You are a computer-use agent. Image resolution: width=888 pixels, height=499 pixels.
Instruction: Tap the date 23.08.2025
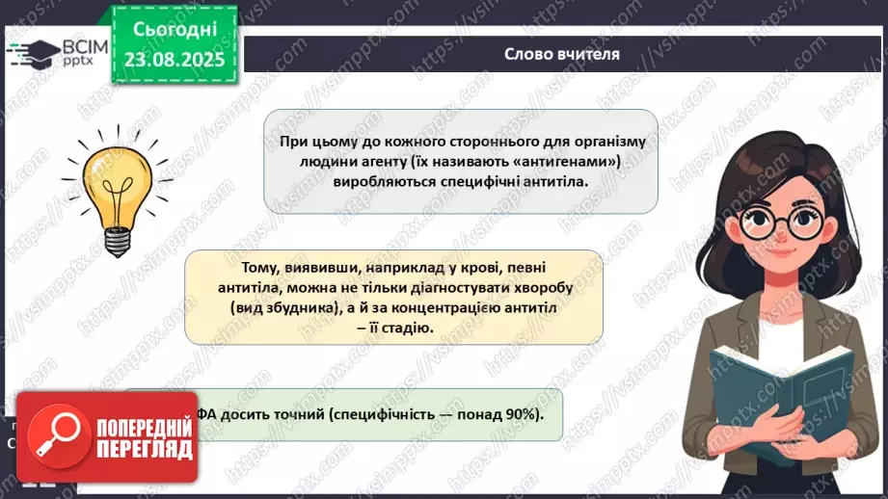click(x=173, y=58)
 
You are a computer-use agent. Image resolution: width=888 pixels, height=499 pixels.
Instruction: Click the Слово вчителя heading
click(x=561, y=54)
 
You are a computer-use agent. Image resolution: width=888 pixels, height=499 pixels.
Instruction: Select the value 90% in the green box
click(x=521, y=414)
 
